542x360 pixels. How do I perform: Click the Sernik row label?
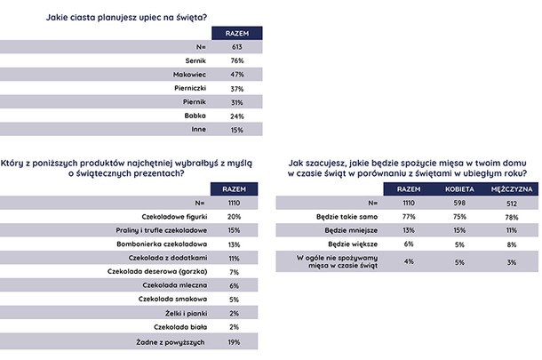tap(195, 60)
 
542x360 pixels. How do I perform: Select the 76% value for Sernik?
tap(237, 60)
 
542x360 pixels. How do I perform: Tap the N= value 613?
tap(237, 47)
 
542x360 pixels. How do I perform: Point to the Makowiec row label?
tap(190, 75)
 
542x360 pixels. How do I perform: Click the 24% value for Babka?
tap(237, 116)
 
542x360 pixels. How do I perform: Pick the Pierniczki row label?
tap(190, 88)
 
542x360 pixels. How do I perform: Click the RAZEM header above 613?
tap(237, 34)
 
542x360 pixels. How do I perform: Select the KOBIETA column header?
tap(459, 189)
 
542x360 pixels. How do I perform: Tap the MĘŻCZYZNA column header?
tap(512, 189)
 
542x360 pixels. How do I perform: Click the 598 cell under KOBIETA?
tap(459, 203)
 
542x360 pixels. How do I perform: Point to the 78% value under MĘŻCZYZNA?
tap(512, 217)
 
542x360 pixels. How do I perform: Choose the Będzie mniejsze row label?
tap(351, 230)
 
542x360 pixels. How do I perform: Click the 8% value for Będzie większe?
tap(512, 244)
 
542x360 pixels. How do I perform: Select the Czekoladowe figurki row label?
tap(174, 217)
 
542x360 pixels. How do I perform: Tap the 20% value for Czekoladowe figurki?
tap(234, 217)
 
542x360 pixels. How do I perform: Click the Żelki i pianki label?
tap(186, 313)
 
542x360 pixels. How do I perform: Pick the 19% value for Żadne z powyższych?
tap(234, 342)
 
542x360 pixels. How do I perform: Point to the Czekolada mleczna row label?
tap(175, 285)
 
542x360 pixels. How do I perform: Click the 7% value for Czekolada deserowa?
tap(234, 272)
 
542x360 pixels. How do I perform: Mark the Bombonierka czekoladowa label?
tap(162, 244)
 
